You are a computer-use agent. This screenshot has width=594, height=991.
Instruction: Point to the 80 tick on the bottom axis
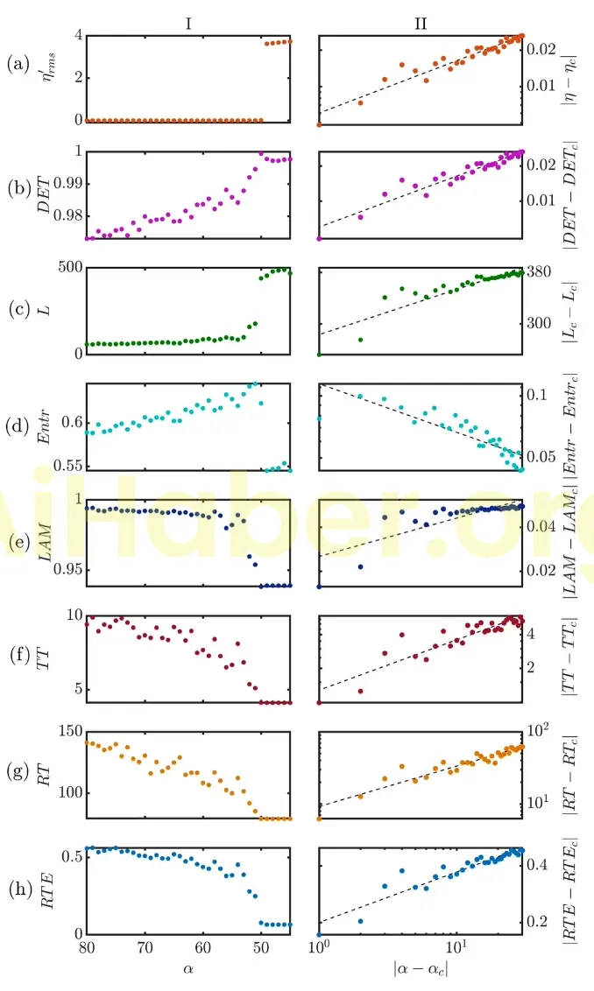[x=86, y=949]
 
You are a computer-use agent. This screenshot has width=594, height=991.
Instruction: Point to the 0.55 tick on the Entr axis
[x=67, y=465]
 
